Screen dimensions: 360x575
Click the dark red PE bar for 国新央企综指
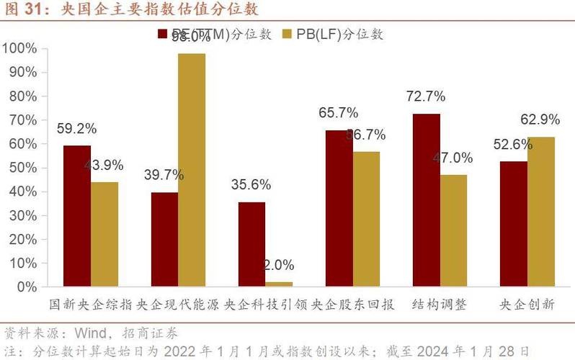click(76, 216)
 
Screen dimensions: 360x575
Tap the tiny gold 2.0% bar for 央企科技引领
click(279, 284)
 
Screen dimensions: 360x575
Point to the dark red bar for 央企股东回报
click(339, 208)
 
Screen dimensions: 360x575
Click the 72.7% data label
click(425, 96)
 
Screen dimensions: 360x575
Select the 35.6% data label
click(251, 184)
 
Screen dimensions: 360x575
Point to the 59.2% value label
click(76, 128)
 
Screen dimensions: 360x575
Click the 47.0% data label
click(453, 158)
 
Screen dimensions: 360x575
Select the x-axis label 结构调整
click(440, 305)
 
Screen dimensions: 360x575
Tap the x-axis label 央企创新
click(527, 305)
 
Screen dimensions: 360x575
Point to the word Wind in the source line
click(85, 333)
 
